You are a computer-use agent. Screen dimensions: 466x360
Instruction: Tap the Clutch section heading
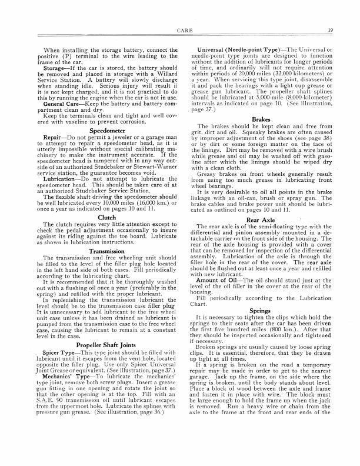tap(106, 201)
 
